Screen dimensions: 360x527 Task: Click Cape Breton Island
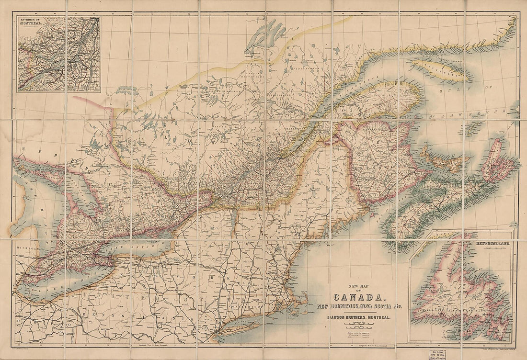[x=498, y=163]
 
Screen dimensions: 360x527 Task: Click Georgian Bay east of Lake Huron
[x=77, y=191]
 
